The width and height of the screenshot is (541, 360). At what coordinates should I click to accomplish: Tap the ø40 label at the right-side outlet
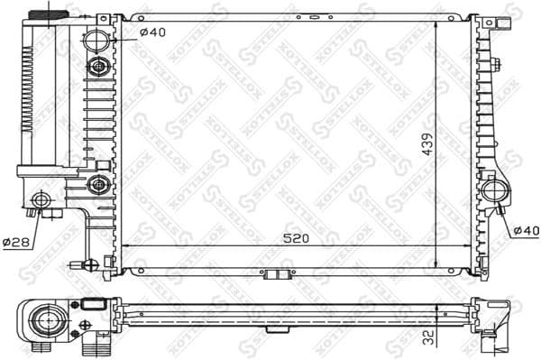point(525,231)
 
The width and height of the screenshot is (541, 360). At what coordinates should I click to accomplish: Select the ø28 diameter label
point(16,242)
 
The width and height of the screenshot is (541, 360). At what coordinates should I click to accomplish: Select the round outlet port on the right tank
point(494,190)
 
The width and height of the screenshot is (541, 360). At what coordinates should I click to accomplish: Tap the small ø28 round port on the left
point(40,199)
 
